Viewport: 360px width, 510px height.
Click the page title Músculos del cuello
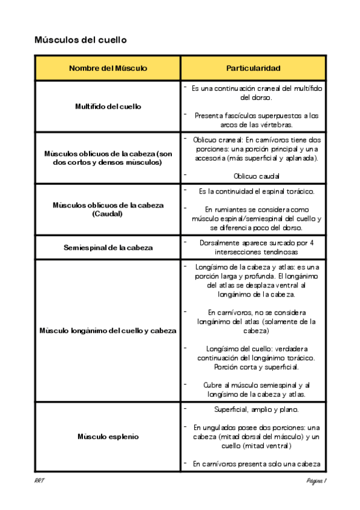81,40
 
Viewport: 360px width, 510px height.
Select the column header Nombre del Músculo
108,69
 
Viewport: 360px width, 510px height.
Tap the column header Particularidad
253,69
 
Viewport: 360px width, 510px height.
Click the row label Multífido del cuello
108,106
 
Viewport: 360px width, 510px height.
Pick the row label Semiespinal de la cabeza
108,247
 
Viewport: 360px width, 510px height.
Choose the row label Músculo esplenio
108,436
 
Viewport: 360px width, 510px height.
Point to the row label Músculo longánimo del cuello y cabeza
108,330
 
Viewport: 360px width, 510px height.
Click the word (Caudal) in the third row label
108,214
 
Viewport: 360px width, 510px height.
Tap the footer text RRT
40,481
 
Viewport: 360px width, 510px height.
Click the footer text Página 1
316,481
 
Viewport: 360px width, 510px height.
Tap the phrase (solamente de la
288,322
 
